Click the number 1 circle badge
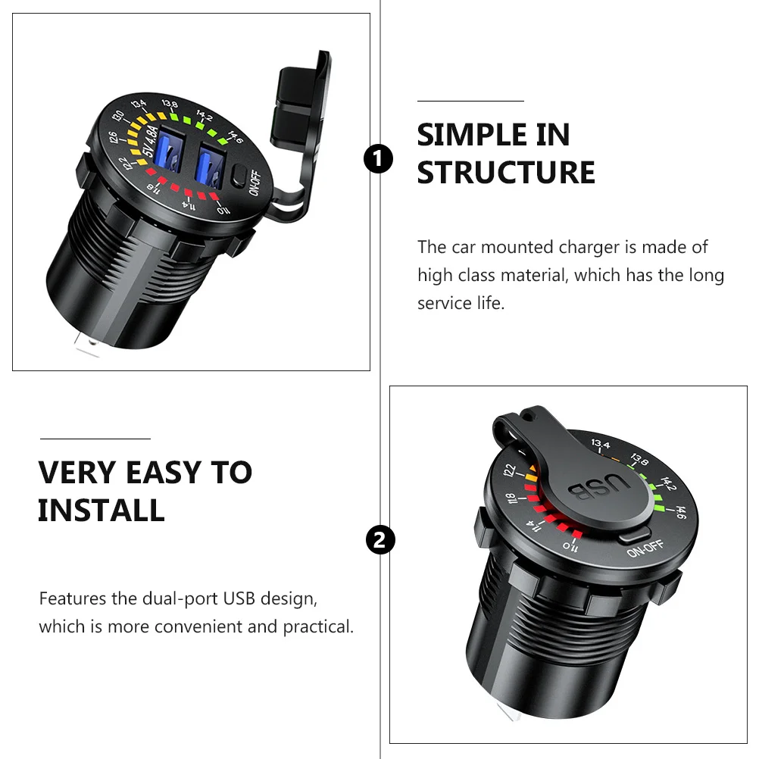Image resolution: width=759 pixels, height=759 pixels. [x=378, y=159]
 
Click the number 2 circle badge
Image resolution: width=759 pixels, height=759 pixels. [x=380, y=540]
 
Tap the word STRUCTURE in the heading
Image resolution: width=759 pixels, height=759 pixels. [x=506, y=172]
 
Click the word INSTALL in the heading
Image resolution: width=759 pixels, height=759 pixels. [x=102, y=511]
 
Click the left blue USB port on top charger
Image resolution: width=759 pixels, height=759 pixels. [x=170, y=149]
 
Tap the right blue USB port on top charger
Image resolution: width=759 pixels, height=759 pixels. [x=210, y=166]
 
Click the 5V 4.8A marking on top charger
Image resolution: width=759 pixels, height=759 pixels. [x=150, y=142]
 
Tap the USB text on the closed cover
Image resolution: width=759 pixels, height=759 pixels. [x=598, y=487]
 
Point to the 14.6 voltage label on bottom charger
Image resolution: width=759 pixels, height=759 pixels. [x=679, y=513]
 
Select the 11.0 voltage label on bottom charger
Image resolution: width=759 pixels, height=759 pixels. [x=570, y=547]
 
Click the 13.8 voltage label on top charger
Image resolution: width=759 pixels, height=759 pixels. [x=170, y=104]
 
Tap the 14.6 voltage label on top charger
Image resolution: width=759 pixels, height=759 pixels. [x=235, y=137]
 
